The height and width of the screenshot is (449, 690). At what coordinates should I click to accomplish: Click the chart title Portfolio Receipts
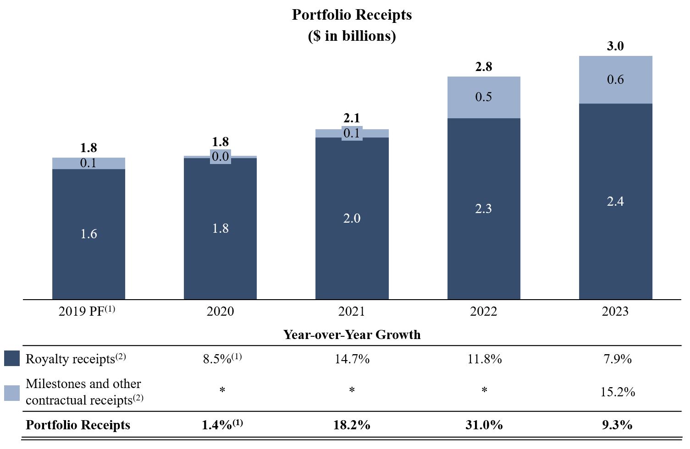click(x=352, y=15)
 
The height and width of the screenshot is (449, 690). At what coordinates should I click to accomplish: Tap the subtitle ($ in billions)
click(x=352, y=36)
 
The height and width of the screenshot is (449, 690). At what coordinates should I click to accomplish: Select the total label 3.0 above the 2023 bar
click(x=615, y=46)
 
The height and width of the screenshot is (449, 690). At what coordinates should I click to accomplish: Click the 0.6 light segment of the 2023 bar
click(x=615, y=80)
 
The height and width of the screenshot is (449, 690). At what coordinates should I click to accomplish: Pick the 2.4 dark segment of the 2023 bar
click(x=615, y=201)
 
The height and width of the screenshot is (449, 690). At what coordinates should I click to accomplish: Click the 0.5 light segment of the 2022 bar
click(x=483, y=97)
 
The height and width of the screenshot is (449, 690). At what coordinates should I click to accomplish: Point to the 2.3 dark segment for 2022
click(x=483, y=208)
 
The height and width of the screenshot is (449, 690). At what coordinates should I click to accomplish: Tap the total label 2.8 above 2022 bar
click(x=483, y=67)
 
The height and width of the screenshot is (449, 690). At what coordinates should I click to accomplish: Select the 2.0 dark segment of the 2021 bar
click(x=352, y=218)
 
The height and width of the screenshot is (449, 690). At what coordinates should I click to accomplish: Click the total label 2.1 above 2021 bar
click(x=352, y=118)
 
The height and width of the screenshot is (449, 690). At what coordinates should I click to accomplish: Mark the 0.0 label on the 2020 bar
click(x=220, y=157)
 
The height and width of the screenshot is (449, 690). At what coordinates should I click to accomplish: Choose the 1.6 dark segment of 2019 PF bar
click(x=88, y=234)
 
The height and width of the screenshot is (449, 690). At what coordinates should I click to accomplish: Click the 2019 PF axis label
click(x=87, y=311)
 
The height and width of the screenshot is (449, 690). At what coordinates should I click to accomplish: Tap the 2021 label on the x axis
click(x=352, y=312)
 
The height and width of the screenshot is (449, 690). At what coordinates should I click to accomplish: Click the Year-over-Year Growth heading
click(x=352, y=334)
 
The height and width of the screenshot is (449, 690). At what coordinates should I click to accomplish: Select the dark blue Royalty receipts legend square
click(x=12, y=358)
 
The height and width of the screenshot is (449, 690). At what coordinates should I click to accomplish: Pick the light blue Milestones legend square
click(x=12, y=393)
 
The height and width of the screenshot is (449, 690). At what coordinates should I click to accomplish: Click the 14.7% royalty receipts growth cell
click(x=352, y=359)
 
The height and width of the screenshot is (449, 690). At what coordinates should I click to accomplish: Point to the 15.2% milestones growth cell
click(x=618, y=392)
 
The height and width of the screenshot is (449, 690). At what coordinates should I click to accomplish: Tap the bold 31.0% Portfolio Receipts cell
click(x=484, y=425)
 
